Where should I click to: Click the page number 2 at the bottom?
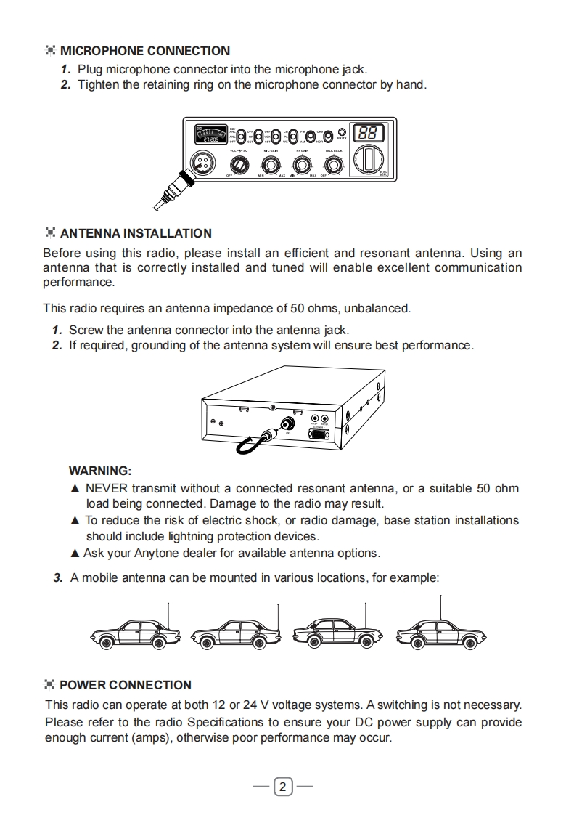click(x=283, y=787)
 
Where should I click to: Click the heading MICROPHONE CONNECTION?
click(x=144, y=51)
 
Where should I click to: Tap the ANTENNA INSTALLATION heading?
click(x=136, y=233)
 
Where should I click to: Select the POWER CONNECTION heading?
click(x=125, y=685)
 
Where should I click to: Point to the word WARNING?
click(x=99, y=471)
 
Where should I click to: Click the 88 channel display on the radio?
click(x=368, y=134)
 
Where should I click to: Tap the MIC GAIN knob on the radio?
click(x=272, y=165)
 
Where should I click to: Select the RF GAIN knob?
click(x=303, y=165)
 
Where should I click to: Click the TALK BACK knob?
click(x=333, y=165)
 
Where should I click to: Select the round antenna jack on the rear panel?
click(x=290, y=423)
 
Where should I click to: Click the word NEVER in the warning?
click(x=106, y=488)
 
